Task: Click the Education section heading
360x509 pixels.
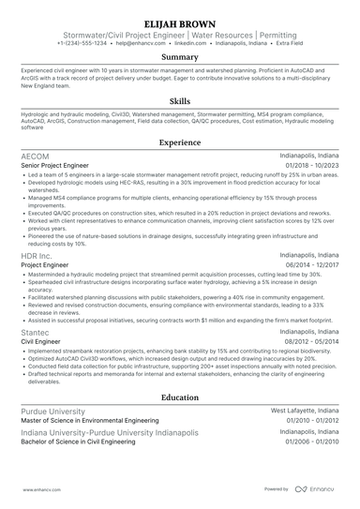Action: pyautogui.click(x=180, y=397)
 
